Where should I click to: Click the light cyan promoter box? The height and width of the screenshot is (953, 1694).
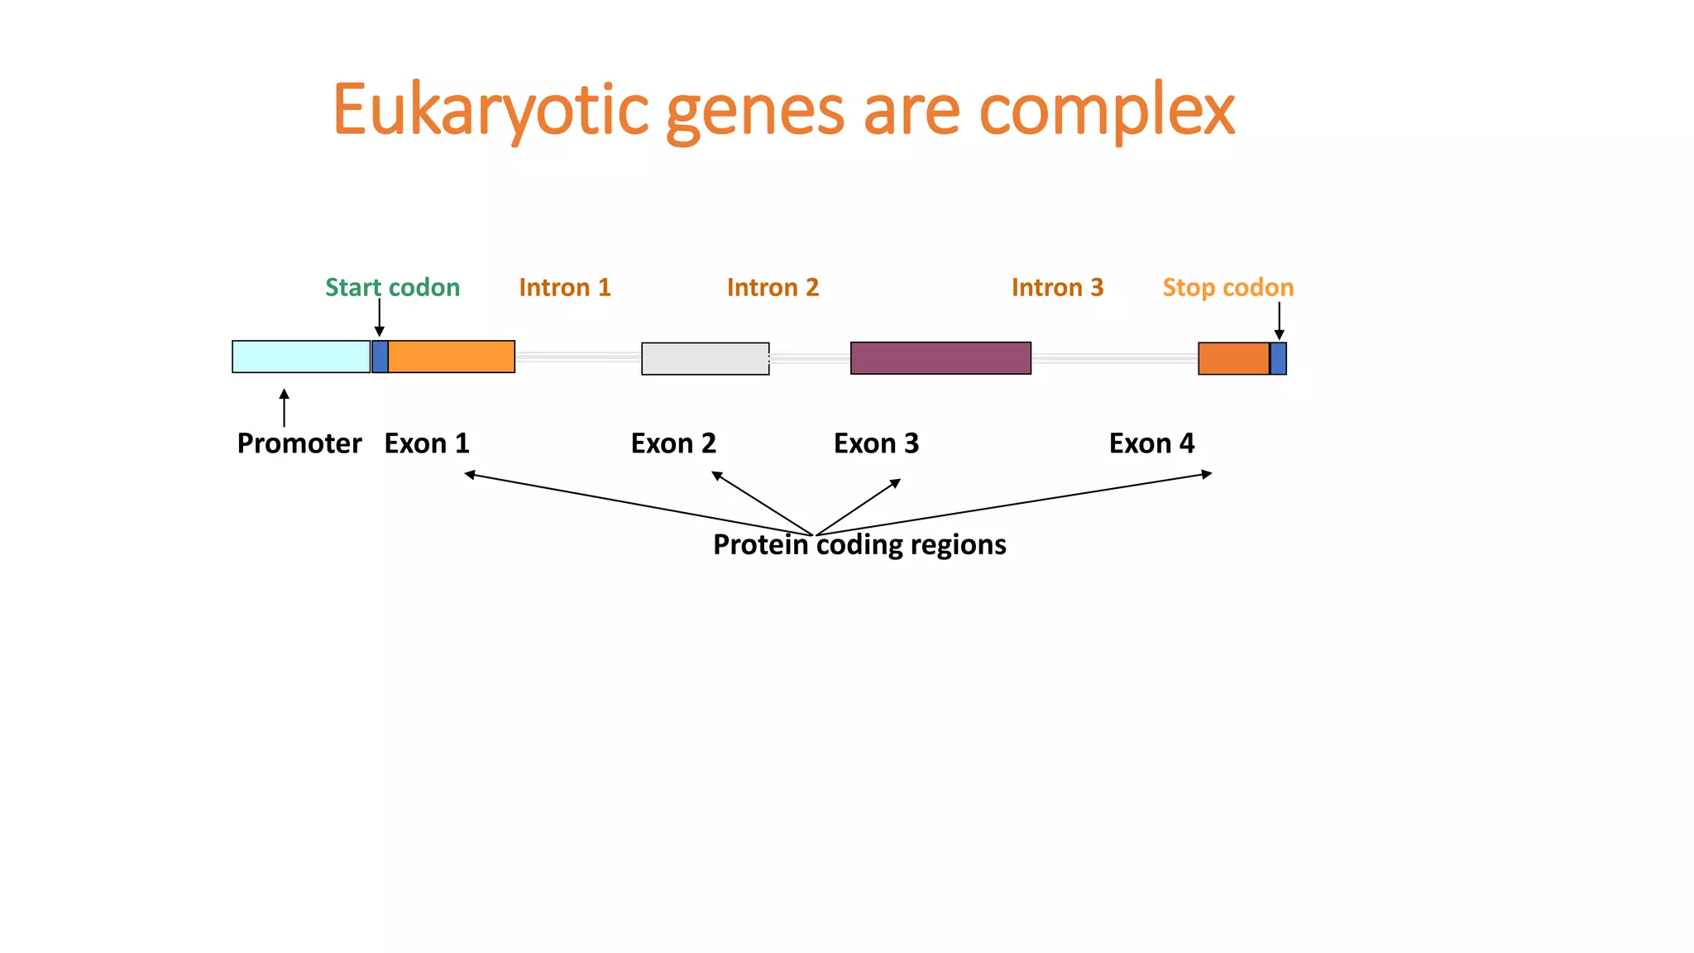[301, 357]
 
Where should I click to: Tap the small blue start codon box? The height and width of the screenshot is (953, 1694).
[380, 357]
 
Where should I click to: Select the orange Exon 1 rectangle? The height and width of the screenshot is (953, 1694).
[452, 357]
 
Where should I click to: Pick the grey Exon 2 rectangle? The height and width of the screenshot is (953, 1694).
[705, 358]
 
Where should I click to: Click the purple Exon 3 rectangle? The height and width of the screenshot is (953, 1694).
[940, 358]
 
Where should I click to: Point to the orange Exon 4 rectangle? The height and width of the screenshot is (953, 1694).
[1233, 358]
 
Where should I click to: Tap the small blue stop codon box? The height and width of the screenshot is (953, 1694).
[1278, 358]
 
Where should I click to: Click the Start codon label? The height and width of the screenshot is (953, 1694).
[392, 287]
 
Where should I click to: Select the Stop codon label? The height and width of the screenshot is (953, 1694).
[1227, 287]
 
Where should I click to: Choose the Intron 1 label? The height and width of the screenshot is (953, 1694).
[564, 287]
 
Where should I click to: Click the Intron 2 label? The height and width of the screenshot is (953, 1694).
[773, 287]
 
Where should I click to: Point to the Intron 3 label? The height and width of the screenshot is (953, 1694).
[1057, 287]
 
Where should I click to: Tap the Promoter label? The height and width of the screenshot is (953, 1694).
[299, 443]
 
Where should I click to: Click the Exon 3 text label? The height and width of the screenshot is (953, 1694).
[876, 443]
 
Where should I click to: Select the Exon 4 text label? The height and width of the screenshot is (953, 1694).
[1151, 443]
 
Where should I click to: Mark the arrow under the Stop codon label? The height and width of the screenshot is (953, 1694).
[1279, 320]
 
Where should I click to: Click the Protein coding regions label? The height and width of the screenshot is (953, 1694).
[859, 544]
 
